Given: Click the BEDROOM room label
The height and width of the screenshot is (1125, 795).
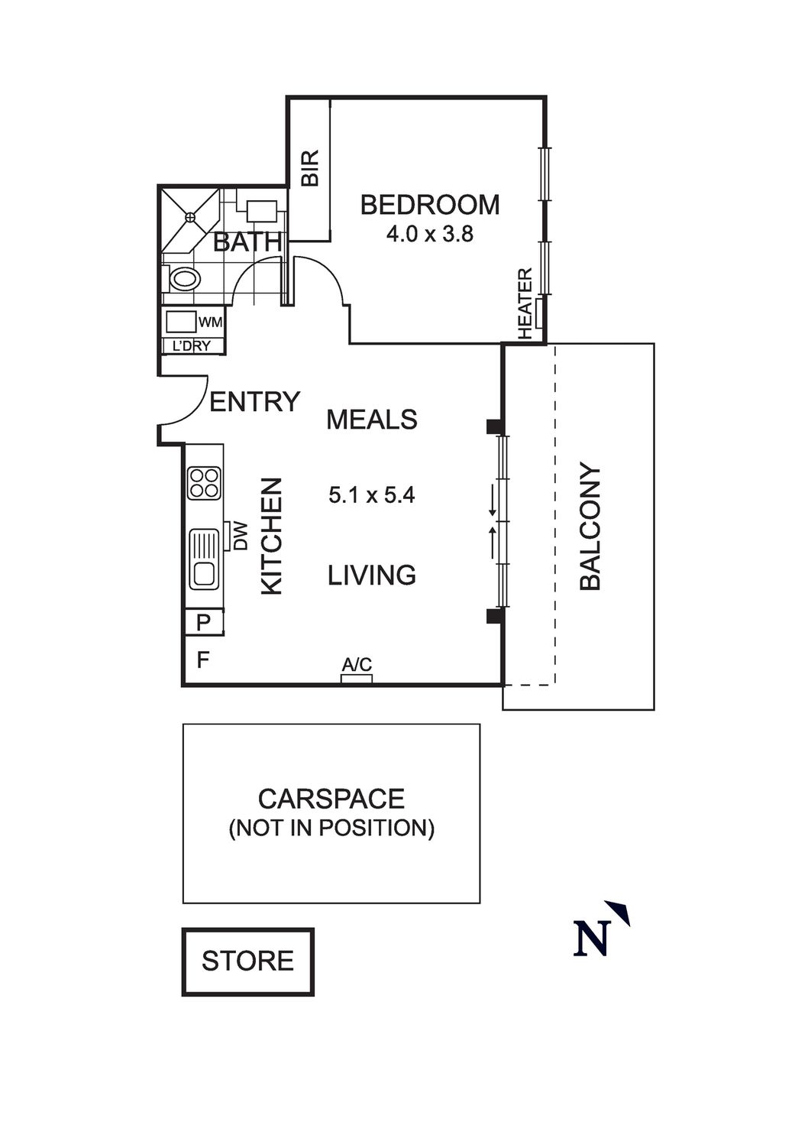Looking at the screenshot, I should point(430,205).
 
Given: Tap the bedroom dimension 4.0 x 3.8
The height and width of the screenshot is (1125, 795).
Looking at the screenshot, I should point(429,234).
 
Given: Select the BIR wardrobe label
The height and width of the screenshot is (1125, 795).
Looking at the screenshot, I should point(309,168).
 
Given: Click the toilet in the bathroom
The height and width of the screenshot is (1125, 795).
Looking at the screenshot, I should point(183,279).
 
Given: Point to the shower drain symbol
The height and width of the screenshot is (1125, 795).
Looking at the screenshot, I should point(189,218).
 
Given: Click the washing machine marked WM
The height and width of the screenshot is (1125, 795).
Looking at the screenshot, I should point(182,322).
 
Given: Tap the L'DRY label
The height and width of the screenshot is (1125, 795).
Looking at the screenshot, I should point(191,345).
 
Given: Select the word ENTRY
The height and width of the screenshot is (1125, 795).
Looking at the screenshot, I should point(254,402).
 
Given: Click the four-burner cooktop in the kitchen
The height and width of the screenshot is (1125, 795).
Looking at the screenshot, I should point(205,483).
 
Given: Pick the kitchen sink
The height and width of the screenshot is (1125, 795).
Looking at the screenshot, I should point(204,559).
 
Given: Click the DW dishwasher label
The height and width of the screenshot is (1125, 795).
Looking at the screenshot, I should point(241,536).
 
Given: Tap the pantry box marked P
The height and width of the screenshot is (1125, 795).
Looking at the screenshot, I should point(203,623).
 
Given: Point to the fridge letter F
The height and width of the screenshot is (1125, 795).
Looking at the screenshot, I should point(203,660).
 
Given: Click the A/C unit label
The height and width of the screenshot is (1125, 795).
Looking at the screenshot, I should point(357,665).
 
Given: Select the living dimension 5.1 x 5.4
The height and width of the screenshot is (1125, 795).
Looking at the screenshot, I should point(371,495).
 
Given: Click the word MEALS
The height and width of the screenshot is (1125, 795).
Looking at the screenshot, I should point(372,420).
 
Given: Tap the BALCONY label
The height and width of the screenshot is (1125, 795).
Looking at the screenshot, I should point(590,527).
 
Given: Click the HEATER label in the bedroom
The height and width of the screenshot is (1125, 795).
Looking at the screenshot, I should point(525,304).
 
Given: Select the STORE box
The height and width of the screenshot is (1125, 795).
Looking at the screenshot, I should point(247,961).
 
